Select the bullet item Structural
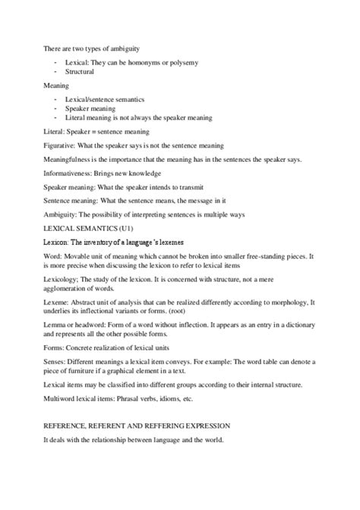point(80,71)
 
